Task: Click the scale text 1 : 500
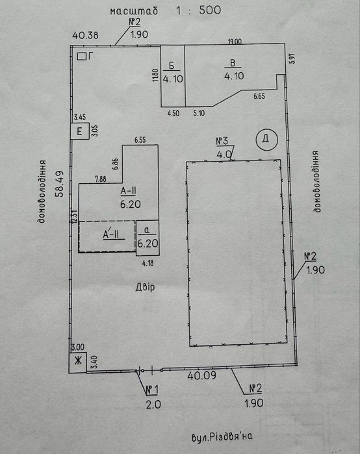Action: click(x=198, y=10)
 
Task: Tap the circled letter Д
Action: click(x=266, y=139)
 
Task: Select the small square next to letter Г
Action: click(x=81, y=56)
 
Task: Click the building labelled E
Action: click(x=80, y=131)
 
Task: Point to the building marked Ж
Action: click(x=77, y=362)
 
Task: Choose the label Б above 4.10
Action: click(x=172, y=66)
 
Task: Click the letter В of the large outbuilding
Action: click(x=232, y=63)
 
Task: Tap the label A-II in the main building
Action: click(x=128, y=191)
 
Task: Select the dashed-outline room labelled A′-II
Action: click(x=107, y=236)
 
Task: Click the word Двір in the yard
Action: click(x=145, y=287)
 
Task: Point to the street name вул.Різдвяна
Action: click(x=222, y=436)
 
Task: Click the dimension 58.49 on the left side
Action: click(x=60, y=184)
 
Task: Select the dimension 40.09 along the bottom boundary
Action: click(x=201, y=375)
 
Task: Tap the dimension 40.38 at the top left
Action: click(x=85, y=35)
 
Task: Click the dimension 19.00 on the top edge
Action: click(x=235, y=42)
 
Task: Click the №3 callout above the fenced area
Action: click(x=222, y=142)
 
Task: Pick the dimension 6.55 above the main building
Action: click(x=140, y=140)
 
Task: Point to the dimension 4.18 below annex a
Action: click(x=148, y=263)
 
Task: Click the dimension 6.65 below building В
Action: click(x=259, y=96)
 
